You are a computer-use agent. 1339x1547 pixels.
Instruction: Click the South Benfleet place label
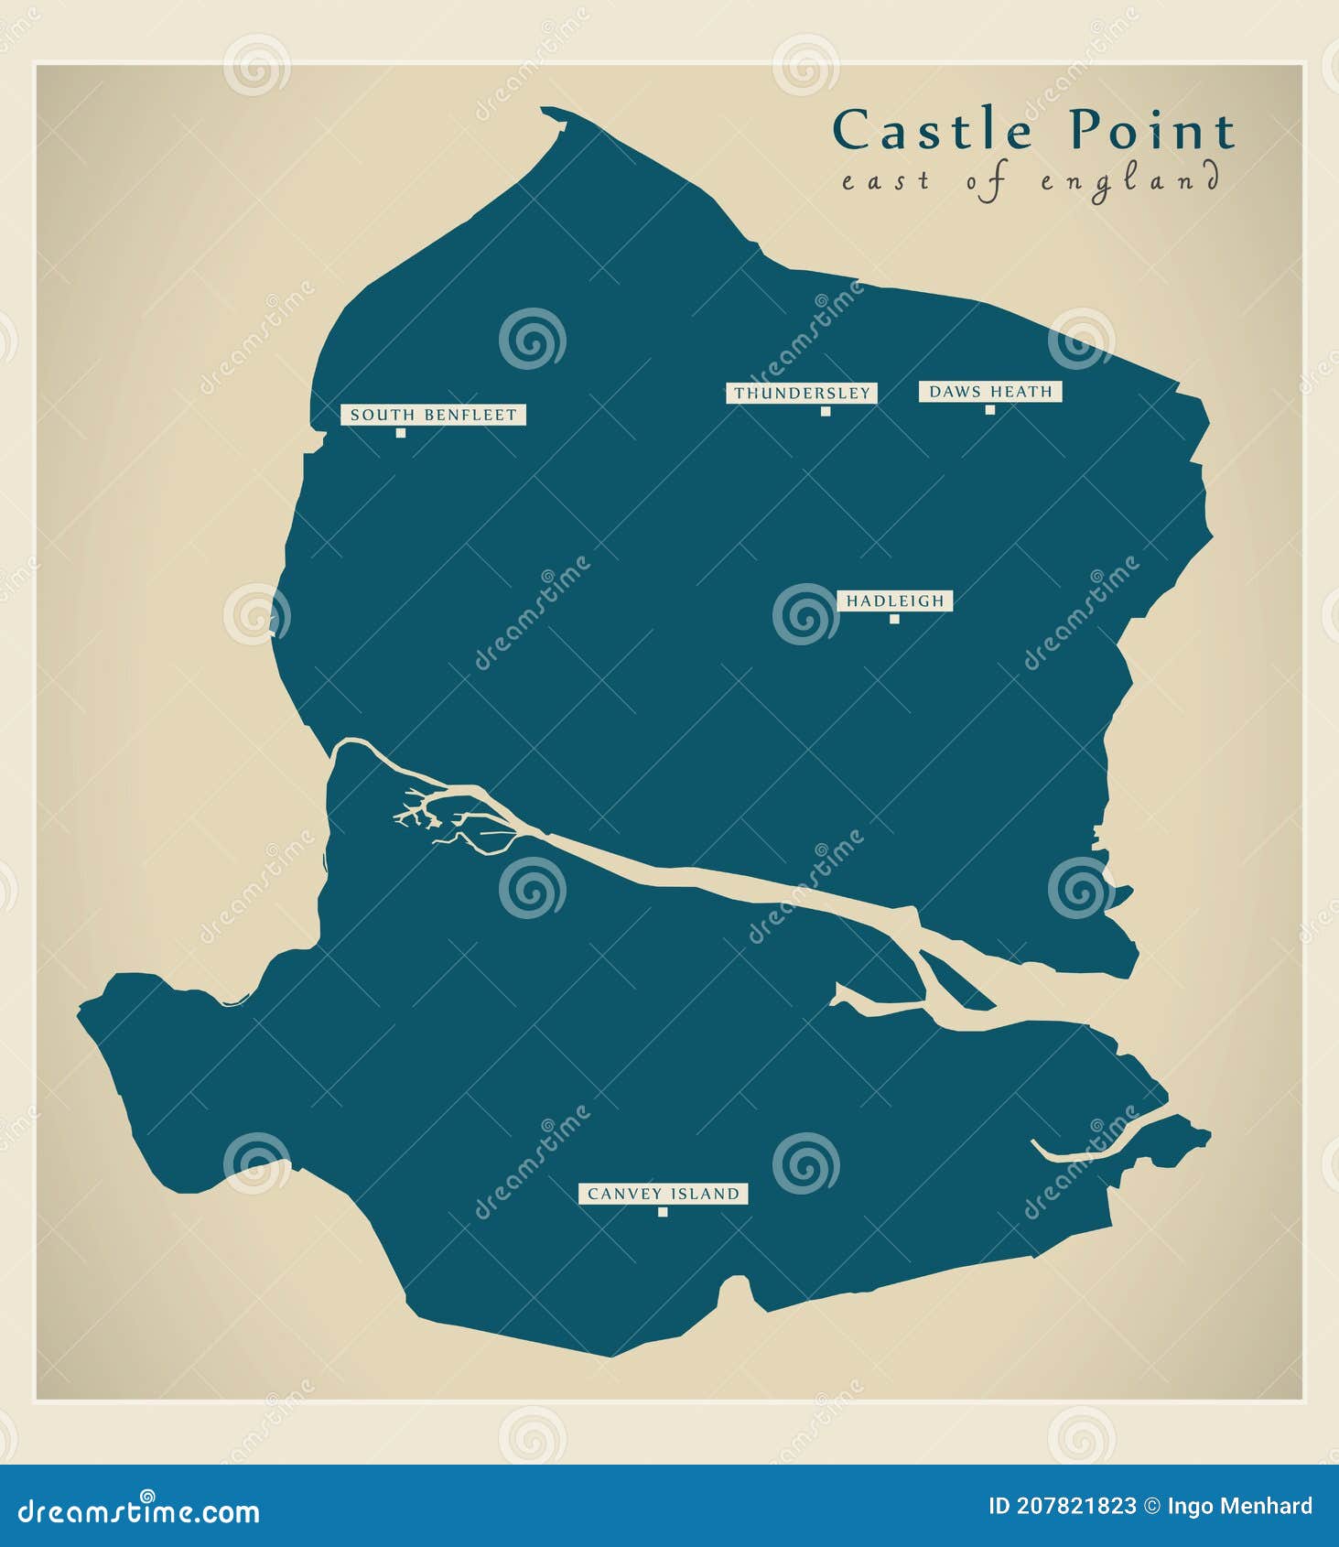[433, 415]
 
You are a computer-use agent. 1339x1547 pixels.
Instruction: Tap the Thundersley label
[802, 393]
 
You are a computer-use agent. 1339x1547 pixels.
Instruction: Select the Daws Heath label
[990, 392]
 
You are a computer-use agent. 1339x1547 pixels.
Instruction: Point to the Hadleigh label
[894, 600]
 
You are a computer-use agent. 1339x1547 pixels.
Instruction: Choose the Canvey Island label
[663, 1194]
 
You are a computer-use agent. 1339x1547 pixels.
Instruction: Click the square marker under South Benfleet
[400, 433]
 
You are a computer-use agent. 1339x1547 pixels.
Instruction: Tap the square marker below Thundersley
[826, 411]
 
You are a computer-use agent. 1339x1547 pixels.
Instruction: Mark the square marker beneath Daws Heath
[989, 410]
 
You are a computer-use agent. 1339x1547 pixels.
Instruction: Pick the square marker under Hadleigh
[894, 619]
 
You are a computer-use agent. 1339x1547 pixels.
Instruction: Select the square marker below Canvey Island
[663, 1212]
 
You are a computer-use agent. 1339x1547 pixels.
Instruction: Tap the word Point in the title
[1152, 130]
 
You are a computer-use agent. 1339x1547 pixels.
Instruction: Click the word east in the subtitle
[885, 180]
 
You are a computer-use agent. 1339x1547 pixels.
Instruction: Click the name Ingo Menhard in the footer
[1240, 1506]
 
